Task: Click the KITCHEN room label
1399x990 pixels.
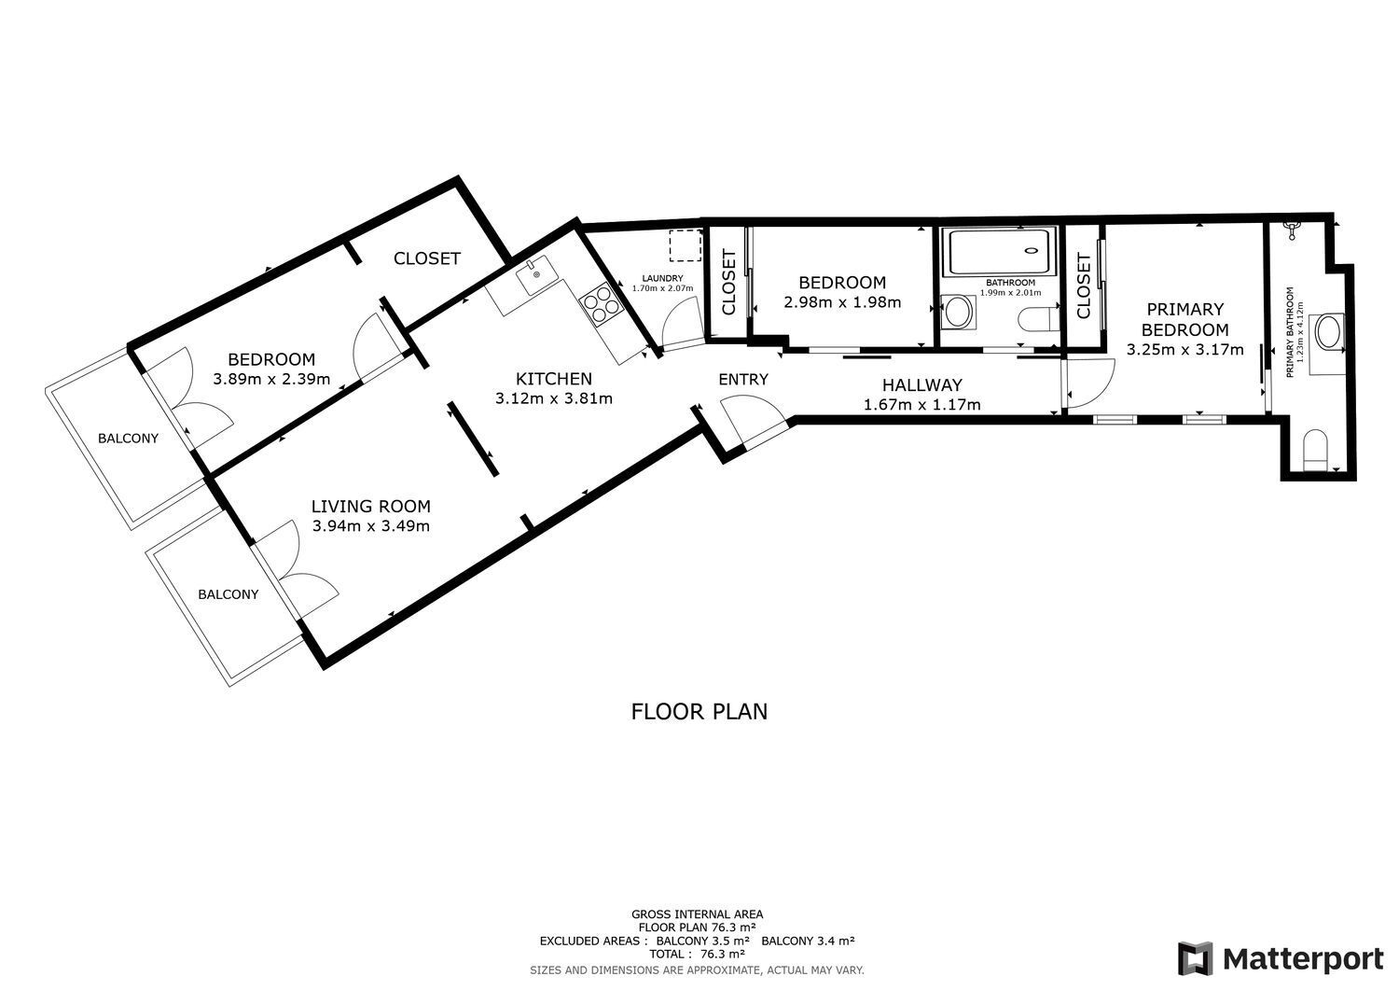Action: (554, 379)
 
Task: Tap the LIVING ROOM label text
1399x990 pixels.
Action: (370, 507)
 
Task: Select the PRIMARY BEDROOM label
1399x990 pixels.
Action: (1184, 319)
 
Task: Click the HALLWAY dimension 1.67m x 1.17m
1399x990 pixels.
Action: (921, 405)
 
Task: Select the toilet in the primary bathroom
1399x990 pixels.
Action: (1316, 450)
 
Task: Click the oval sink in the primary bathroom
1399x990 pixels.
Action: (1326, 332)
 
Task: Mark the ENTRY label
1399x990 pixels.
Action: (743, 379)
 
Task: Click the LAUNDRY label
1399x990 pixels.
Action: (663, 278)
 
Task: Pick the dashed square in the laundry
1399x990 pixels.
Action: (686, 245)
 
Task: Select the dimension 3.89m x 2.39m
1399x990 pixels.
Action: (271, 379)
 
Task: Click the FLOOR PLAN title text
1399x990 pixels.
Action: (699, 712)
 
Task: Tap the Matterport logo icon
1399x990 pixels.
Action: (1195, 959)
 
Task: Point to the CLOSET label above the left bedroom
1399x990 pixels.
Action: (426, 258)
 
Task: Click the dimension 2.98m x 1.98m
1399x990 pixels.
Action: (842, 302)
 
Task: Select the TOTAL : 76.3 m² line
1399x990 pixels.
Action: (698, 955)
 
